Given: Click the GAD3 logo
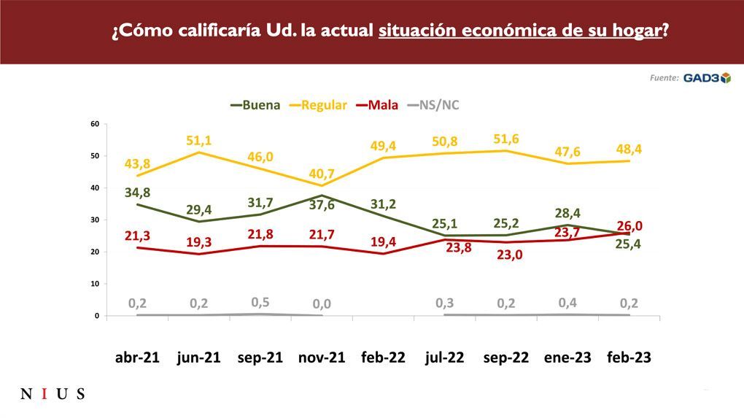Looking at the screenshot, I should pos(706,78).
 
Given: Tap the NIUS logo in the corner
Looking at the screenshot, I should pos(53,395).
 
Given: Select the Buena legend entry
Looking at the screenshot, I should pos(255,105).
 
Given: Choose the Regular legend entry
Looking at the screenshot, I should pos(317,105).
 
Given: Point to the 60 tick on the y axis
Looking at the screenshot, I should pos(95,124).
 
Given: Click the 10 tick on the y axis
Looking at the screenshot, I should pos(95,284).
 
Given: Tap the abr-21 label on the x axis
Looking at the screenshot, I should pos(136,358).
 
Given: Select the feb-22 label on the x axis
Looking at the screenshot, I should pos(383,358).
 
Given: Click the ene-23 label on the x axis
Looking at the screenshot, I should pos(567,358).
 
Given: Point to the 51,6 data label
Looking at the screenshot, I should pos(505,139).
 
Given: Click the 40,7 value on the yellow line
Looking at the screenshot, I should pos(321,174).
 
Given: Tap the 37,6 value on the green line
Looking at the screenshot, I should pos(322,206).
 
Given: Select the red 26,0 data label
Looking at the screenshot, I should pos(628,226).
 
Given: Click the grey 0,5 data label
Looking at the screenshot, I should pos(260,301).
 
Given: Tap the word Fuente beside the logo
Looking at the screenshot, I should pos(664,78).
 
